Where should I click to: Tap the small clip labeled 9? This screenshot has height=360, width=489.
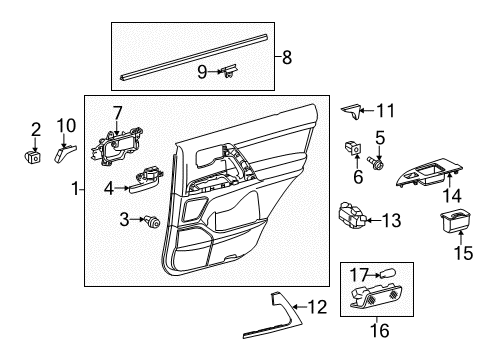[232, 70]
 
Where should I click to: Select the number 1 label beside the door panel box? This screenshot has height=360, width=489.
[76, 188]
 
